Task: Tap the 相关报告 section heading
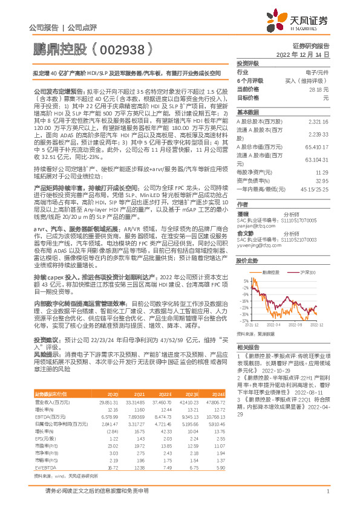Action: pos(248,348)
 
